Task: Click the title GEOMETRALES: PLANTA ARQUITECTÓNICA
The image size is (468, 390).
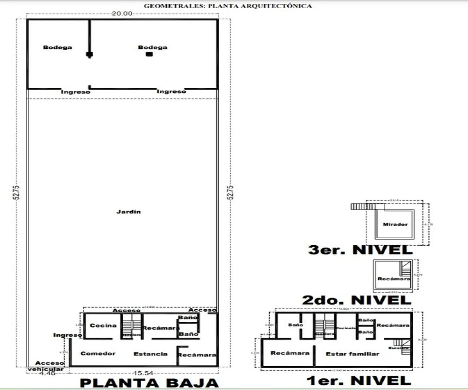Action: coord(228,6)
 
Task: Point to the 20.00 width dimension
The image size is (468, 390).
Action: coord(122,13)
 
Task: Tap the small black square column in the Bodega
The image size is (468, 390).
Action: coord(149,55)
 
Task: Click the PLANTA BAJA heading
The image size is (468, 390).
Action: coord(149,383)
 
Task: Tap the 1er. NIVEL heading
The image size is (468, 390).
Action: coord(359,380)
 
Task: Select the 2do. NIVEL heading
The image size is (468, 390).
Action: coord(356,300)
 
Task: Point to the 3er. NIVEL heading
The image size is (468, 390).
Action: coord(360,250)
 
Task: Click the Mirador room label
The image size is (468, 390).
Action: coord(395,224)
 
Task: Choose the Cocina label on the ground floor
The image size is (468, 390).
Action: coord(103,325)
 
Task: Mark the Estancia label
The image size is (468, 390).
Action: coord(151,354)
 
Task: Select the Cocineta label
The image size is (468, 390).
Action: coord(346,328)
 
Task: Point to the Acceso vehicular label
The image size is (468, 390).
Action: coord(50,366)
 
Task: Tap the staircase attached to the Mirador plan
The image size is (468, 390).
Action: coord(359,206)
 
